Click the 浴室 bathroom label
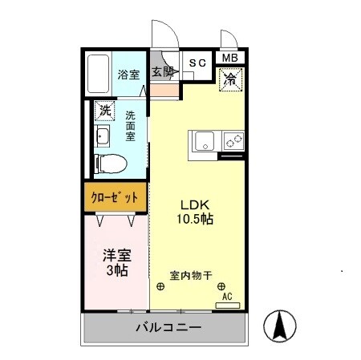[x=128, y=75]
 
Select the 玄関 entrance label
[x=164, y=71]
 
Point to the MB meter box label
[x=230, y=58]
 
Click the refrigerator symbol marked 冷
[x=230, y=79]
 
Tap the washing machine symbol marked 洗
[x=103, y=110]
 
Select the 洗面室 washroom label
[x=130, y=127]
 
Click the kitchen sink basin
[x=204, y=142]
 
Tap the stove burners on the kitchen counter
[x=234, y=142]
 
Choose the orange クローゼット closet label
[x=115, y=196]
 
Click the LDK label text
[x=195, y=204]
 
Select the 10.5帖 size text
[x=195, y=218]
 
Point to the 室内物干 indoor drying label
[x=190, y=276]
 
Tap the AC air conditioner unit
[x=227, y=297]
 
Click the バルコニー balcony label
[x=168, y=328]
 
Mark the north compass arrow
[x=282, y=326]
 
